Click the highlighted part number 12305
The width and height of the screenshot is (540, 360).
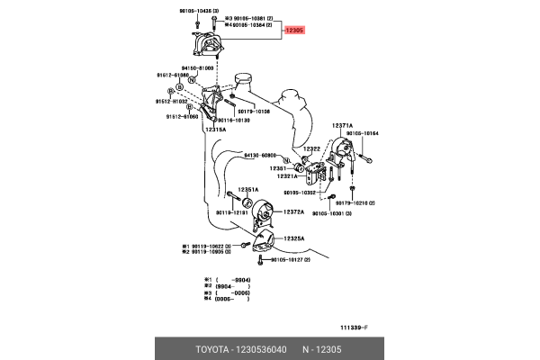(x=295, y=30)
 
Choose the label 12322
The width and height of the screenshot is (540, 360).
(x=311, y=149)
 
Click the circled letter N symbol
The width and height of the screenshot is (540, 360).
(x=192, y=80)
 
